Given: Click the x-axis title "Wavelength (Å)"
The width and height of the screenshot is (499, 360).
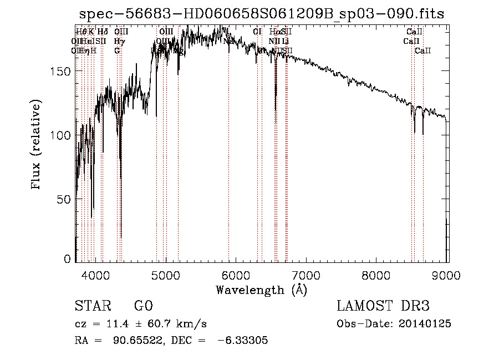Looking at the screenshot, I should [x=261, y=290].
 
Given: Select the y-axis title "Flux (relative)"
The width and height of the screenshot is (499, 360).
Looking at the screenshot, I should [x=37, y=145].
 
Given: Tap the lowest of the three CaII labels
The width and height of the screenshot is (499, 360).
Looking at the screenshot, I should [x=423, y=50].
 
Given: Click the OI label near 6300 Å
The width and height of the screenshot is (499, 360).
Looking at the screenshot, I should [x=257, y=32].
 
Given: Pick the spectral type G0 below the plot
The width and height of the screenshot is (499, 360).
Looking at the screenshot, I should [x=143, y=306].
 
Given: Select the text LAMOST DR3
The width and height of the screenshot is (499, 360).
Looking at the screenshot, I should [x=383, y=306].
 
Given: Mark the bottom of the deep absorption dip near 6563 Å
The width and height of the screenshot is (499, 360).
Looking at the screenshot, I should [x=276, y=109].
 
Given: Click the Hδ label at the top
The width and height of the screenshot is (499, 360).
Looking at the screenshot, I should [x=102, y=32].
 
